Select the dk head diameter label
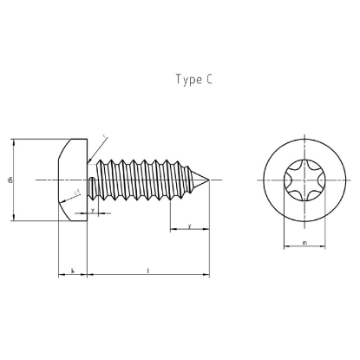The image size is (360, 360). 10,180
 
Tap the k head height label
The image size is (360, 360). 72,272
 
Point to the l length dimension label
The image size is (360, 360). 148,272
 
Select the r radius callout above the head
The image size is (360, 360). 104,137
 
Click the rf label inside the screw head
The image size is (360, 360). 76,193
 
